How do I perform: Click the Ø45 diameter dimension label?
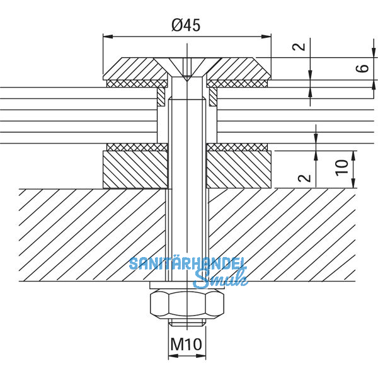pos(187,25)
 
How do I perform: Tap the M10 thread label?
pos(187,345)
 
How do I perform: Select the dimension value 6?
pos(360,68)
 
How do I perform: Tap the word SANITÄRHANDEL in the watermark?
pos(188,264)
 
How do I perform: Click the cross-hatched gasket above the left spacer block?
pos(136,147)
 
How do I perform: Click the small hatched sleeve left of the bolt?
pos(161,96)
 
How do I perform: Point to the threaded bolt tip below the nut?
pos(187,323)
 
